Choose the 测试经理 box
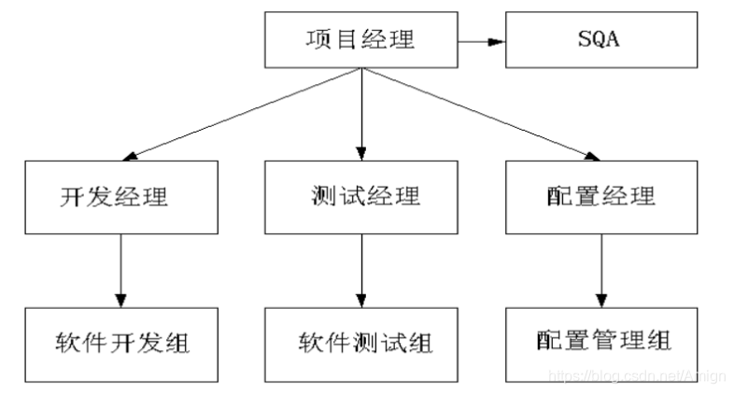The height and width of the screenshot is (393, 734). [361, 197]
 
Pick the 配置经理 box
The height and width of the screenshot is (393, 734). [600, 197]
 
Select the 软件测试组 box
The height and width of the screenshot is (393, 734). [361, 342]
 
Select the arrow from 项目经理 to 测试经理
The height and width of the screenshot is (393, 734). [361, 116]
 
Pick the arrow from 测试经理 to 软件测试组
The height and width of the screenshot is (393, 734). [361, 271]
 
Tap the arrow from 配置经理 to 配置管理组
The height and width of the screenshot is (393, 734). [600, 271]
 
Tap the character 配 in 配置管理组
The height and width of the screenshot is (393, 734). [552, 342]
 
